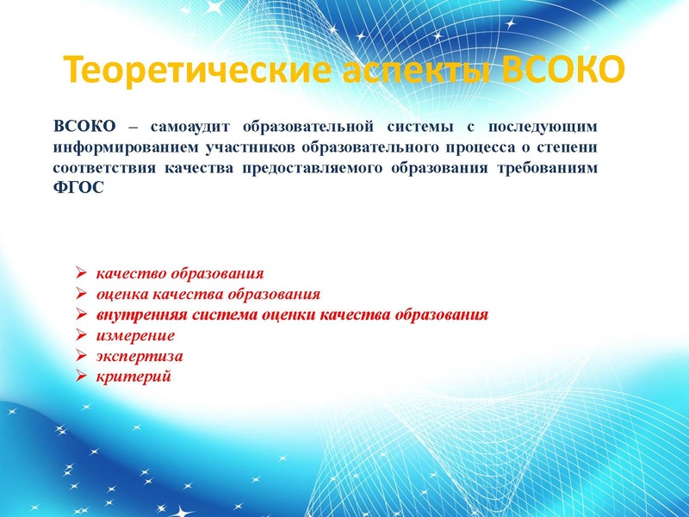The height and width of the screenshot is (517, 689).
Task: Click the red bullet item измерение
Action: point(135,335)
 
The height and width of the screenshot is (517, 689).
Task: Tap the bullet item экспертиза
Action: point(140,356)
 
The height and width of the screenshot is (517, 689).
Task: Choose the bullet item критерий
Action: point(133,377)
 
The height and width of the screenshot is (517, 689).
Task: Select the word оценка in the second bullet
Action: point(121,294)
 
